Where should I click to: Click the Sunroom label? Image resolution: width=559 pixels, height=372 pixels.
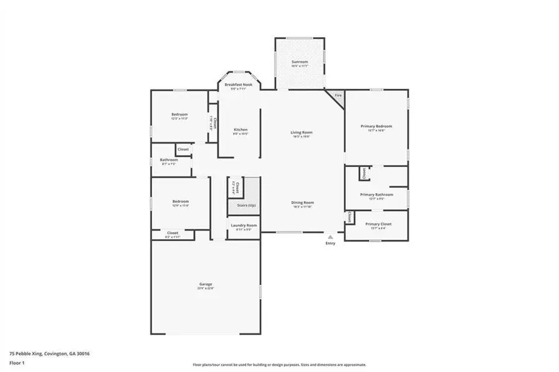(x=299, y=63)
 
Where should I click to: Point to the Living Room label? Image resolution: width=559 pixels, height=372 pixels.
(x=301, y=132)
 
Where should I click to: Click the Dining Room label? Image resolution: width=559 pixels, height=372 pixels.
(x=302, y=202)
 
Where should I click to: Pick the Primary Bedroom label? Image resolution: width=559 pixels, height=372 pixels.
(x=376, y=126)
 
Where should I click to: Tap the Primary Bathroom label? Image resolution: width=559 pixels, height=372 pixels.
(x=376, y=194)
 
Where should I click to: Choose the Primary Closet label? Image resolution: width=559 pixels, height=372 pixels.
(x=376, y=224)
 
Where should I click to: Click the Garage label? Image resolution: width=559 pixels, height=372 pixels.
(x=206, y=284)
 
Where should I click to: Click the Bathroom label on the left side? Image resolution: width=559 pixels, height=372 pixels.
(x=160, y=160)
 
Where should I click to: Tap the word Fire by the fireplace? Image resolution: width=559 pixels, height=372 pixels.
(x=338, y=95)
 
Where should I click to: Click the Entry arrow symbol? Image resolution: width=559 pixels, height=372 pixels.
(x=330, y=236)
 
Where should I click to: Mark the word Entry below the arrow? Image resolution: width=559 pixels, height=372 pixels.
(x=330, y=243)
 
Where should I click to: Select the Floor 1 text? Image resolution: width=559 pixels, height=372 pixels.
(x=17, y=362)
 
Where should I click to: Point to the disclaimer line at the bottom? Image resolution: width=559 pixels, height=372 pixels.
(x=279, y=365)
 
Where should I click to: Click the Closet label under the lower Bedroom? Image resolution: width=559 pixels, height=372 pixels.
(x=172, y=233)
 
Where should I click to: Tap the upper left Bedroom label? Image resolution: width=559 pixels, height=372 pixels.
(x=180, y=114)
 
